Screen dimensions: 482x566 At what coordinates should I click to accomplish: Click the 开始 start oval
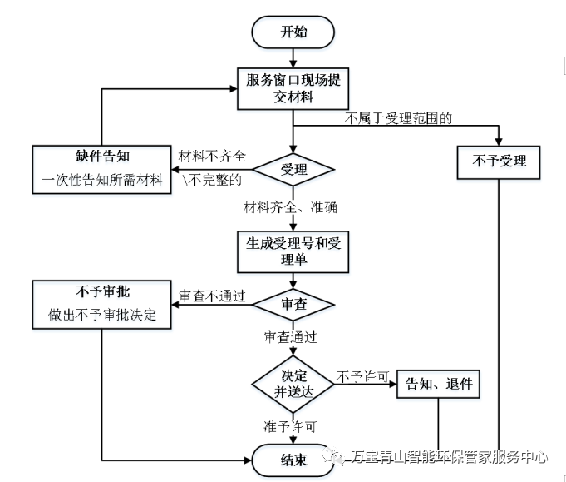coord(293,32)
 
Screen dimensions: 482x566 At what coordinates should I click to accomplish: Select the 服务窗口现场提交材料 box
coord(293,87)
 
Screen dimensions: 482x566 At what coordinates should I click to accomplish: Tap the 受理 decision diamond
coord(293,170)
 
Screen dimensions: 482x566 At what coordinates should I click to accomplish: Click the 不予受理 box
coord(498,161)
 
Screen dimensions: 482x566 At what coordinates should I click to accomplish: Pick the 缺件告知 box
coord(101,170)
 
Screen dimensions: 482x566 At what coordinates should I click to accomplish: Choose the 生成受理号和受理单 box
coord(293,251)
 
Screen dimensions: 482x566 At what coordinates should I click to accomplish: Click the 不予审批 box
coord(101,305)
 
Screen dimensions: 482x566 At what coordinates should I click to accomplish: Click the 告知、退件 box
coord(438,384)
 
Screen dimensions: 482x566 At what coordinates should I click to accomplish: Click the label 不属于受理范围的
coord(398,118)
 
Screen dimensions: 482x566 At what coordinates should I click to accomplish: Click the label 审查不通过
coord(213,296)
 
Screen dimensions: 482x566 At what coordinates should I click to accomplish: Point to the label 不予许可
coord(363,376)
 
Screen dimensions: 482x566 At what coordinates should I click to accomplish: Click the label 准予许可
coord(290,426)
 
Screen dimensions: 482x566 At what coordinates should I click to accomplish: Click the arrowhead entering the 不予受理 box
coord(498,141)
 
